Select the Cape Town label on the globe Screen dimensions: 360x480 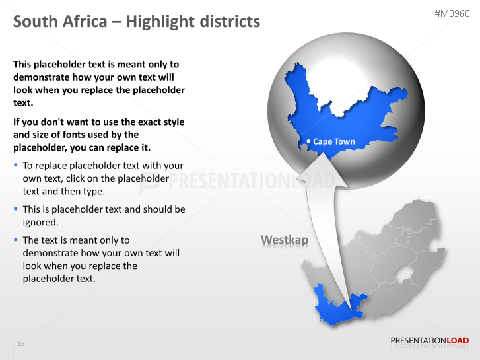333,141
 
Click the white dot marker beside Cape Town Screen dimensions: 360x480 308,141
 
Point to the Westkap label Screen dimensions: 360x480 285,240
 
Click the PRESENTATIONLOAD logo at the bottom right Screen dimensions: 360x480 429,341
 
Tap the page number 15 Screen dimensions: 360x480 21,344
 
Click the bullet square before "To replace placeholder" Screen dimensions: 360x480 16,165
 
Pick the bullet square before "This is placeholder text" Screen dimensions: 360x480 16,209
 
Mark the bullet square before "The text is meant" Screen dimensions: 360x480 16,240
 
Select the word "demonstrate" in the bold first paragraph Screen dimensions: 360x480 40,77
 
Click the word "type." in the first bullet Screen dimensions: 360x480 94,192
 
